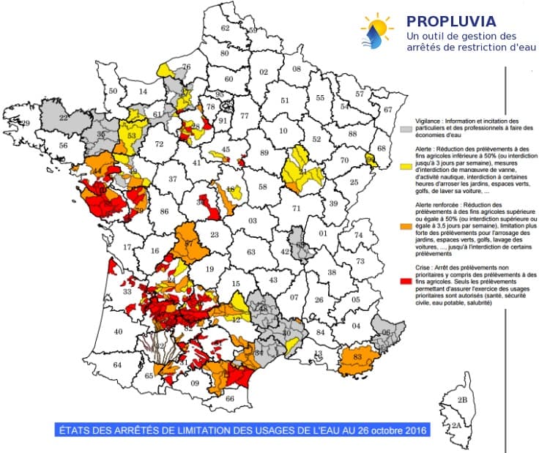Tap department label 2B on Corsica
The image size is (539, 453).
click(462, 400)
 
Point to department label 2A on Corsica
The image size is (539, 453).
click(456, 425)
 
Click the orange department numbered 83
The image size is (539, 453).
click(357, 357)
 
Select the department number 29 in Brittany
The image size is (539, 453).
click(26, 124)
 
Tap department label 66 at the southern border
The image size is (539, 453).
click(229, 399)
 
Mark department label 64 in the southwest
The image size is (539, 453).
click(116, 364)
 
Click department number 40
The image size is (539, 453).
click(118, 332)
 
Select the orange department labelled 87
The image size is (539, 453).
click(189, 244)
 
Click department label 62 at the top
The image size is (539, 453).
click(225, 28)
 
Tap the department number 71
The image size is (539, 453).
click(297, 209)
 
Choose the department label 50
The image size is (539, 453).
click(113, 91)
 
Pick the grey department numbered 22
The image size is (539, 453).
click(64, 117)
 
